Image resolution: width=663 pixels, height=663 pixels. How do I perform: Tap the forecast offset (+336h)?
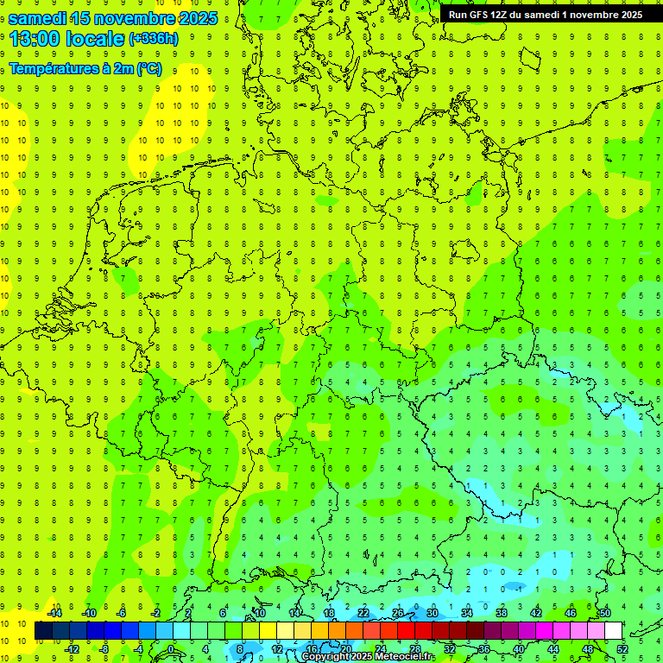click(154, 39)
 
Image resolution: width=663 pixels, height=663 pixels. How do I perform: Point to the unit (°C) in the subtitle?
click(148, 69)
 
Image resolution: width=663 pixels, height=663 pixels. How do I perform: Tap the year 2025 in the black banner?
click(627, 15)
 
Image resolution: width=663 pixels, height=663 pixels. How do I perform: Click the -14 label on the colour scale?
click(54, 613)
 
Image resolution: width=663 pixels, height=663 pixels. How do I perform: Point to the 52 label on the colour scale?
click(622, 649)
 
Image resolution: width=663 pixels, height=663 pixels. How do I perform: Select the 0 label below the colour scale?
click(171, 649)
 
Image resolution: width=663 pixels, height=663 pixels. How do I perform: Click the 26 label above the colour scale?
click(398, 613)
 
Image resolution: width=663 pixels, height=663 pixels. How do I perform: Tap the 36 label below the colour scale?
click(484, 649)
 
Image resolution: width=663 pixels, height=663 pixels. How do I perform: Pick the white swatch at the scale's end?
click(614, 631)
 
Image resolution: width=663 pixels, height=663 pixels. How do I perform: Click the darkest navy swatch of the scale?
click(44, 631)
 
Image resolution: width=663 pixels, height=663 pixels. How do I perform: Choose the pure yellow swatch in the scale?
click(286, 631)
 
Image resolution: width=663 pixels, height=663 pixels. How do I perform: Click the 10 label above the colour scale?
click(260, 613)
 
